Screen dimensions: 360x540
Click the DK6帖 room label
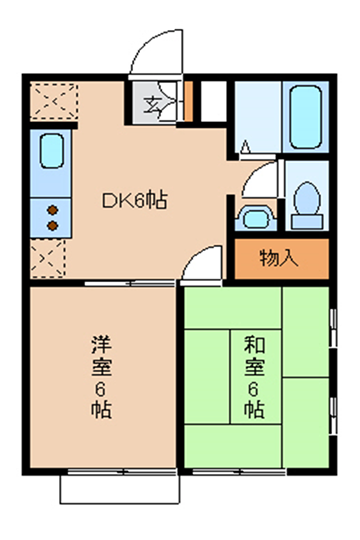coord(135,200)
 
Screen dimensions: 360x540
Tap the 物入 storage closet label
coord(279,258)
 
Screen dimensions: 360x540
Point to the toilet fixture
coord(307,206)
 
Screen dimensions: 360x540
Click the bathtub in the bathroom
coord(306,117)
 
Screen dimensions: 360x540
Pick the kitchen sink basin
coord(52,151)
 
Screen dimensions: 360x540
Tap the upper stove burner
coord(52,210)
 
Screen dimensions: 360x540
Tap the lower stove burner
coord(52,226)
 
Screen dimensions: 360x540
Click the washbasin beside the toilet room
coord(256,218)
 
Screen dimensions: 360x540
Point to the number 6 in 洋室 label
coord(100,390)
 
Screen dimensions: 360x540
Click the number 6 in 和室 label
coord(254,390)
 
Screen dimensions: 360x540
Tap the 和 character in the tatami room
coord(254,345)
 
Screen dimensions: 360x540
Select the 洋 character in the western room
coord(101,345)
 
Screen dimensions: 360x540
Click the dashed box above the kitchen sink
coord(53,101)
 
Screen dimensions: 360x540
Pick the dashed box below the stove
coord(48,258)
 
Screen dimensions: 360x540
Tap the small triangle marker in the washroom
coord(245,147)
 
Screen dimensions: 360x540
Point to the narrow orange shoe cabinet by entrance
coord(188,101)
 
